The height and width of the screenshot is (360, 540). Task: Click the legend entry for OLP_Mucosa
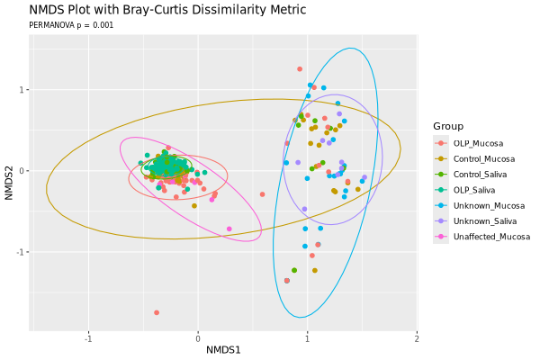click(478, 143)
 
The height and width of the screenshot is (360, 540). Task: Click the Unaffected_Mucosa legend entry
click(491, 238)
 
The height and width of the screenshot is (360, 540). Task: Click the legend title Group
click(447, 126)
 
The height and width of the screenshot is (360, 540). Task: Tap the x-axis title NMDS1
click(223, 349)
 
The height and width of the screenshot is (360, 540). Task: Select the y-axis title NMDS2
click(9, 171)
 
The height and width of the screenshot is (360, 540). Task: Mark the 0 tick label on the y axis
click(23, 171)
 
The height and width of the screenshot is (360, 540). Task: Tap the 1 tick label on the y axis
click(23, 90)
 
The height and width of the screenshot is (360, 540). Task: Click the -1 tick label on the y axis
click(22, 252)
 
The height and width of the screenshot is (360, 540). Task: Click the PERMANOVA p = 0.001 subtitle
click(71, 25)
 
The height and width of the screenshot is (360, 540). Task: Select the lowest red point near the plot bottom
click(157, 312)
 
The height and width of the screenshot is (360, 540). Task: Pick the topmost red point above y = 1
click(300, 69)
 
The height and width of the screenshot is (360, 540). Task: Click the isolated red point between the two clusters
click(263, 194)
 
